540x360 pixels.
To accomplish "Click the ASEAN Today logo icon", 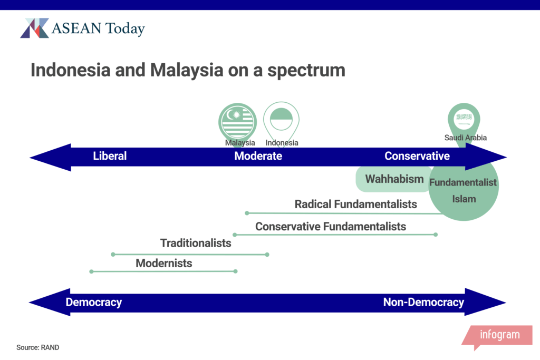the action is click(x=34, y=28).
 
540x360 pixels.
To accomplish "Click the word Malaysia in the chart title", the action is click(x=187, y=70).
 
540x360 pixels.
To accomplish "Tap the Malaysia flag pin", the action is click(x=238, y=122).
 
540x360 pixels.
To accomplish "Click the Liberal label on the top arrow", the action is click(x=110, y=156).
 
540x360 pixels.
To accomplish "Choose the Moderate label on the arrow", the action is click(x=258, y=156).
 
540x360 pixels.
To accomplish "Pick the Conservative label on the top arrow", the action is click(x=417, y=156).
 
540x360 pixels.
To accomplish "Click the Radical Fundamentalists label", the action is click(x=356, y=204).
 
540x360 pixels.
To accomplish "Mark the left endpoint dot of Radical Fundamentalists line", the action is click(x=247, y=213).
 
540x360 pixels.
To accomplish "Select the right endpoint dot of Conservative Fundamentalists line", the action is click(x=436, y=235).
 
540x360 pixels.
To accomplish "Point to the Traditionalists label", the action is click(x=196, y=243).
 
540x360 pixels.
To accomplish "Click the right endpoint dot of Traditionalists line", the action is click(x=267, y=255).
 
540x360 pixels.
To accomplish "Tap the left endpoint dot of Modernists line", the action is click(x=91, y=271).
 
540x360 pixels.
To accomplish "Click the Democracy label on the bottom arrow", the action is click(x=94, y=302).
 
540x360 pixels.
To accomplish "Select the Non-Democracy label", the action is click(x=423, y=302).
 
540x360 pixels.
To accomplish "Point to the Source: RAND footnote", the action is click(x=38, y=347).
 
